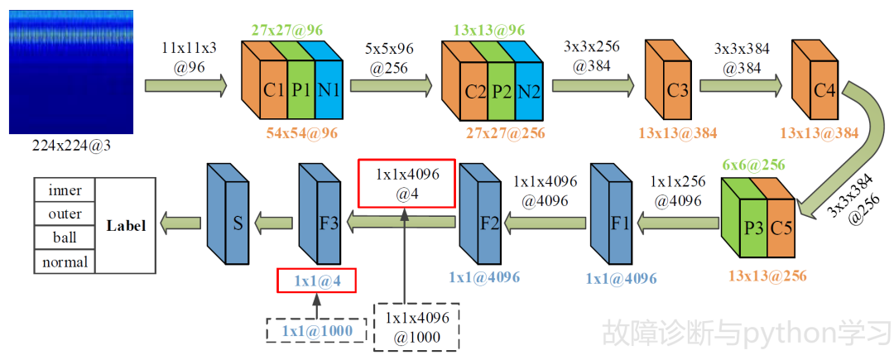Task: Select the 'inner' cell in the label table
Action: (65, 190)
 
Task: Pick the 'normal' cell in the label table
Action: (65, 262)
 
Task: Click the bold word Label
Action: (125, 225)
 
